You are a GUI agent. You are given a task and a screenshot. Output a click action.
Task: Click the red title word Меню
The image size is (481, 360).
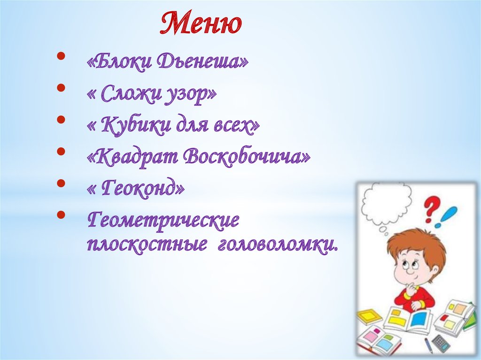201,23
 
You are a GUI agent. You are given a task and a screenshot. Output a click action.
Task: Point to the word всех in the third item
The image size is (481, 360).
237,126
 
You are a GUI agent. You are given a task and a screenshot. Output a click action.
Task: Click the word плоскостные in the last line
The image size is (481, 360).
147,245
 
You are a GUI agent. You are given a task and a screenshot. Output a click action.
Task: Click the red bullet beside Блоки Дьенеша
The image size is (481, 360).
61,55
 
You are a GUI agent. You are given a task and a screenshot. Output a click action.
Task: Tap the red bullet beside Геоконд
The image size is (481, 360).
61,183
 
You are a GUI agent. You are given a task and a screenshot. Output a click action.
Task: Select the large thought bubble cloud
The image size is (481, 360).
387,202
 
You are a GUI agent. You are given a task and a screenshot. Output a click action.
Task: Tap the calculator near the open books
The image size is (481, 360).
441,343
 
